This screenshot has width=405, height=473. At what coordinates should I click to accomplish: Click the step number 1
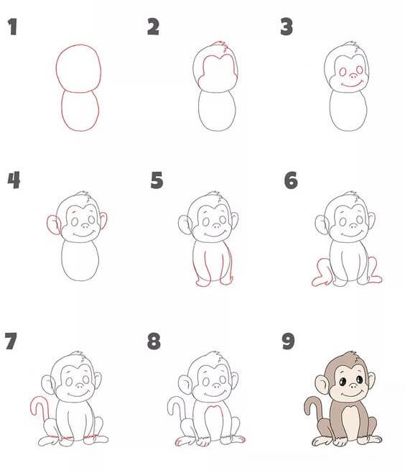coord(12,27)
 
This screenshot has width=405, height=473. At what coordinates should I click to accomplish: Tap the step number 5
coord(157,180)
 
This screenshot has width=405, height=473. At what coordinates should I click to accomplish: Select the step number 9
coord(288,341)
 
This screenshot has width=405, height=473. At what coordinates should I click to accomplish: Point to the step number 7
coord(11,341)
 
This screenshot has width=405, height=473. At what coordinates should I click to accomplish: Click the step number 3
coord(287,27)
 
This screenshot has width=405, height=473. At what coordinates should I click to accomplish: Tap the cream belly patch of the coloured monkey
coord(351,423)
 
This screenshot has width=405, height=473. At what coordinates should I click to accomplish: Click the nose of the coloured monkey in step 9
coord(353,385)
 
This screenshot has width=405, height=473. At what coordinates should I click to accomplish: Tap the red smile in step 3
coord(352,85)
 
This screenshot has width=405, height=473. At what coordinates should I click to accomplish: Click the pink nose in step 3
coord(353,76)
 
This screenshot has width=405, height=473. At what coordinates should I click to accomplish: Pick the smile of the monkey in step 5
coord(215,234)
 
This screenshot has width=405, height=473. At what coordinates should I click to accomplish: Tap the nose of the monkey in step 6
coord(353,226)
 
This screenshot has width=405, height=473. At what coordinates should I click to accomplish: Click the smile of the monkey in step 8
coord(215,394)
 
